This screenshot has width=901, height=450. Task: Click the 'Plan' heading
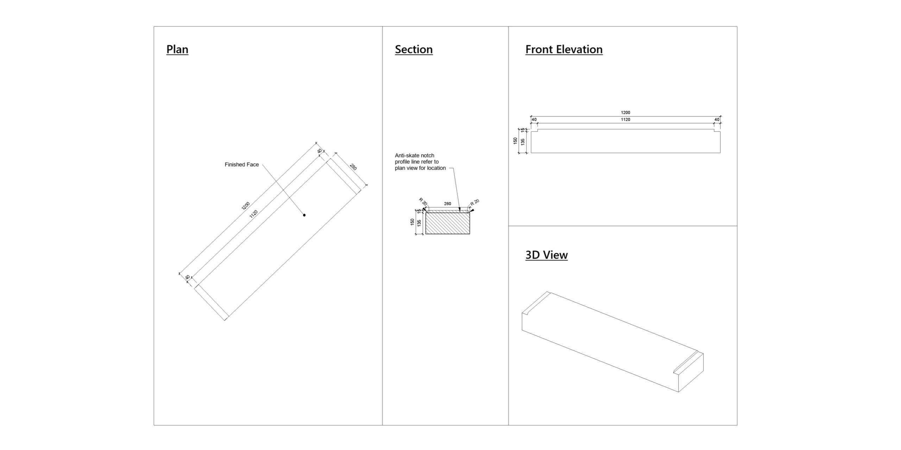tap(177, 49)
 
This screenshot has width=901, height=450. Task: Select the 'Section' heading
tap(414, 49)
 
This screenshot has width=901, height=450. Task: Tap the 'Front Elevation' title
tap(564, 49)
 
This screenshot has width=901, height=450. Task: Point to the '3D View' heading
tap(546, 255)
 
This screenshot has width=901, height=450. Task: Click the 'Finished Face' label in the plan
tap(241, 165)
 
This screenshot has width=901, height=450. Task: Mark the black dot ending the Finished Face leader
tap(304, 215)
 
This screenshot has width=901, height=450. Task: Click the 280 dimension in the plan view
tap(353, 167)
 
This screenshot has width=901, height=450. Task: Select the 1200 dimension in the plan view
tap(246, 206)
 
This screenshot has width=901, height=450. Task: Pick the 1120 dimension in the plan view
tap(253, 214)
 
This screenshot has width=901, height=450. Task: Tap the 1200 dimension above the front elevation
tap(625, 112)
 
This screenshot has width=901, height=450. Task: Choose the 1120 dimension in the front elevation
tap(625, 120)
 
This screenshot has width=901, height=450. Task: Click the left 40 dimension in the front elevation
tap(534, 120)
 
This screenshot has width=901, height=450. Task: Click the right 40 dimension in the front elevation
tap(717, 120)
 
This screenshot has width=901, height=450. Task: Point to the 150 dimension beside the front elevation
tap(516, 141)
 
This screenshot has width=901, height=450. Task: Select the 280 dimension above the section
tap(447, 204)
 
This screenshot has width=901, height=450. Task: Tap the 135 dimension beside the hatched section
tap(419, 223)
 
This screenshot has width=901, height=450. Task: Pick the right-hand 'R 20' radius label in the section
tap(475, 203)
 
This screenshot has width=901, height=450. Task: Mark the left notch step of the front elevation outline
tap(538, 131)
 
